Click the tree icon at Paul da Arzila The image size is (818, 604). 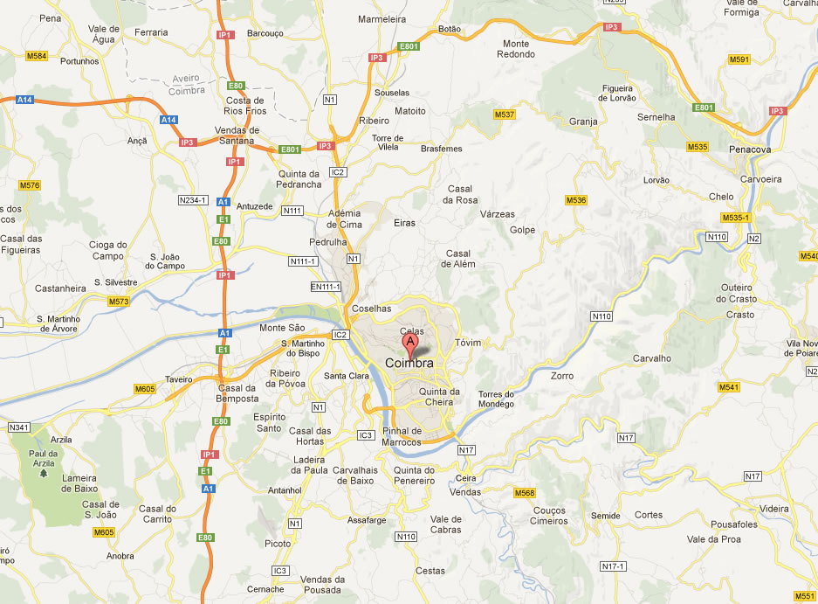coord(44,473)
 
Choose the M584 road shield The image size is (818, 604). coord(37,56)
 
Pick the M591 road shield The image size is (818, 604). coord(739,59)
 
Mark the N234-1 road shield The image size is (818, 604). coord(192,200)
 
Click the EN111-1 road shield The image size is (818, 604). coord(325,287)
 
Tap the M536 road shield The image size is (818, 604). coord(576,200)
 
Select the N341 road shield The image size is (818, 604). coord(18,427)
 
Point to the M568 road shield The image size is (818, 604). coord(524,493)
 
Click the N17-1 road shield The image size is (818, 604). coord(614,566)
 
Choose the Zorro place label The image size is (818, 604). coord(563,376)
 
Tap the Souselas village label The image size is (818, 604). coord(391,93)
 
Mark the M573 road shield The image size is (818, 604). coord(119,302)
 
